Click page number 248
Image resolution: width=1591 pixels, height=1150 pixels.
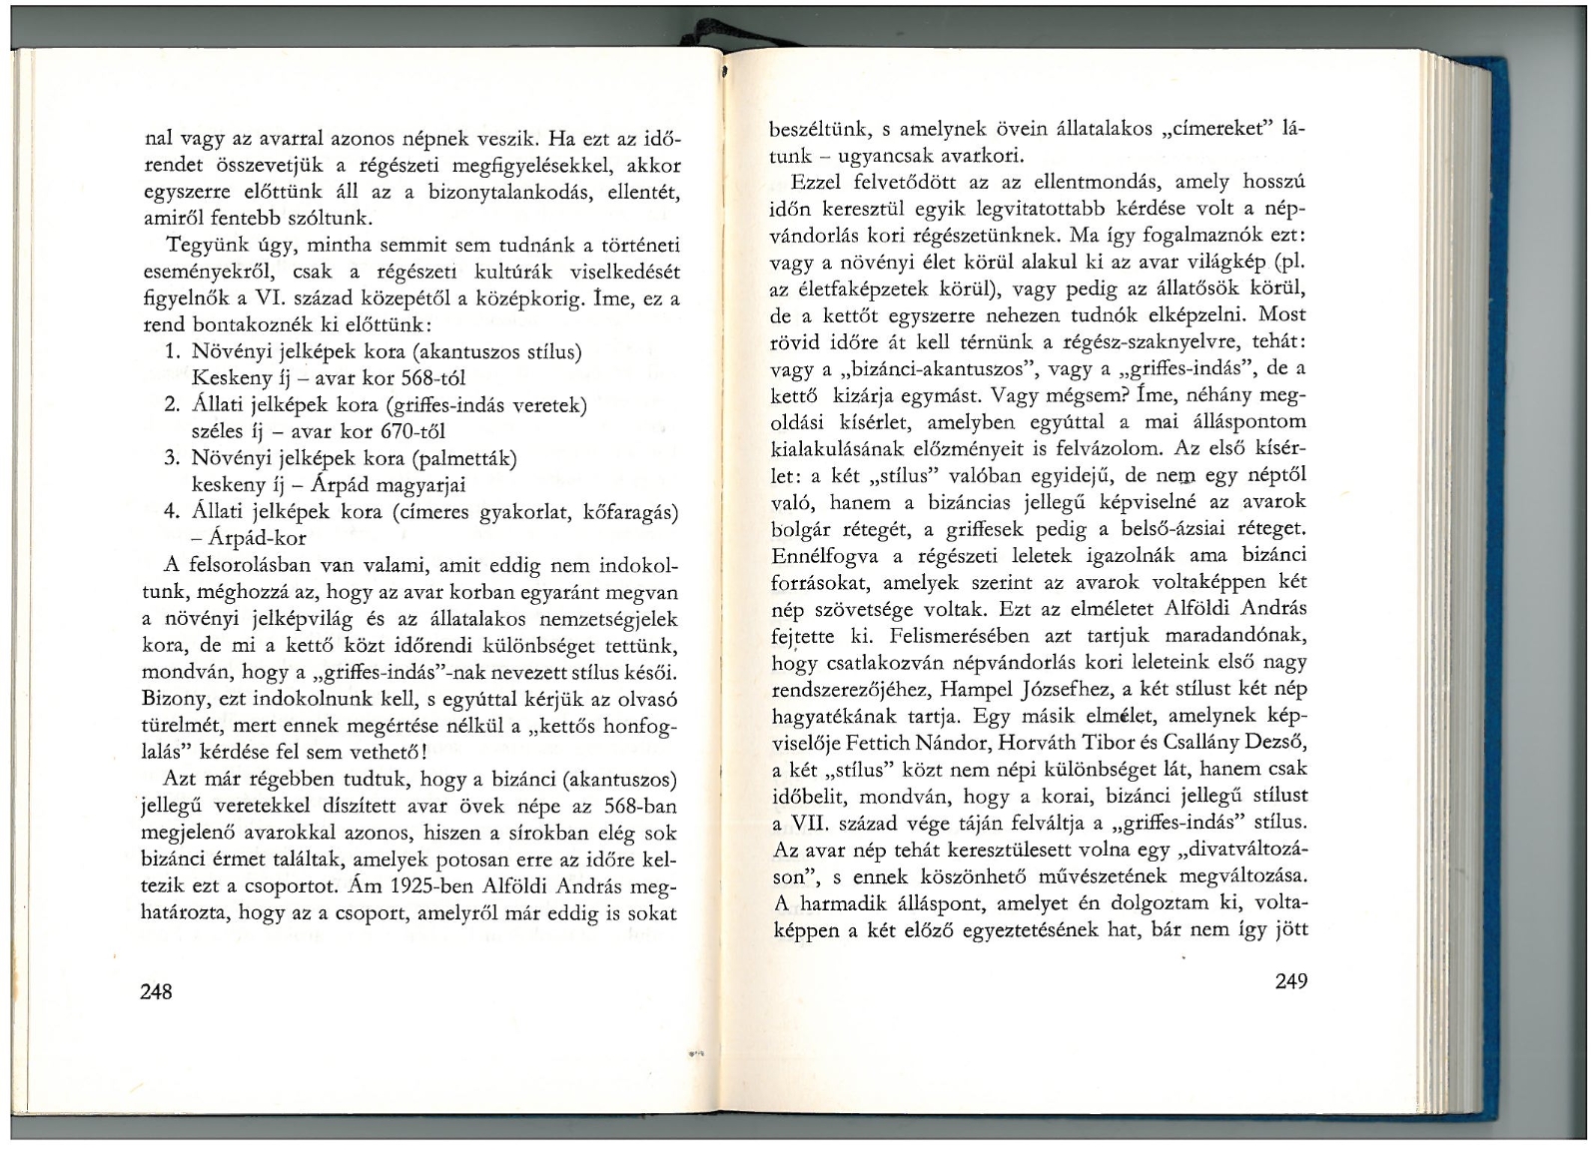[x=157, y=991]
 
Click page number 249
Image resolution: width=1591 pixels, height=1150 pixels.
[x=1290, y=980]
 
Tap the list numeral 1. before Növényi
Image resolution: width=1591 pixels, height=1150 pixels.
[x=171, y=352]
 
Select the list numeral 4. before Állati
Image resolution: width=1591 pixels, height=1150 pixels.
[x=171, y=512]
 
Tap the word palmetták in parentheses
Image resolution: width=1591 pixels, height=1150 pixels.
[x=467, y=459]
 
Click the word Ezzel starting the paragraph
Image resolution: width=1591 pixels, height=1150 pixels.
[x=817, y=184]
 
